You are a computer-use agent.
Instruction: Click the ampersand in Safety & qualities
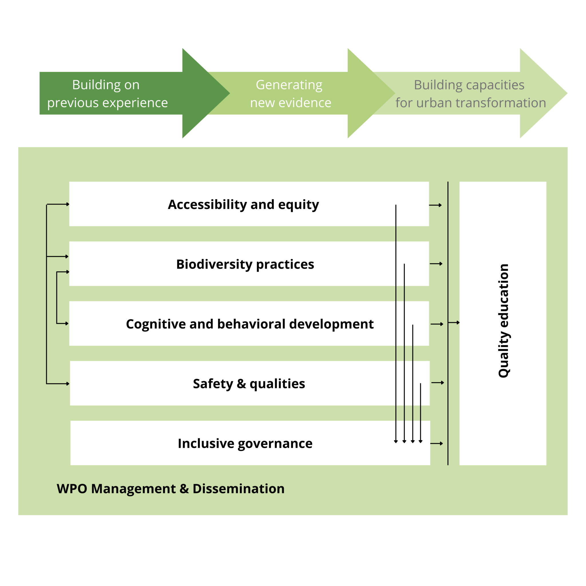pyautogui.click(x=241, y=384)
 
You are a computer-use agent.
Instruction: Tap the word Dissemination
pyautogui.click(x=238, y=489)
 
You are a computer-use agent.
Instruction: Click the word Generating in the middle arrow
pyautogui.click(x=289, y=85)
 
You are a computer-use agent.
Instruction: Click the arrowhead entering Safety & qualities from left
pyautogui.click(x=68, y=384)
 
